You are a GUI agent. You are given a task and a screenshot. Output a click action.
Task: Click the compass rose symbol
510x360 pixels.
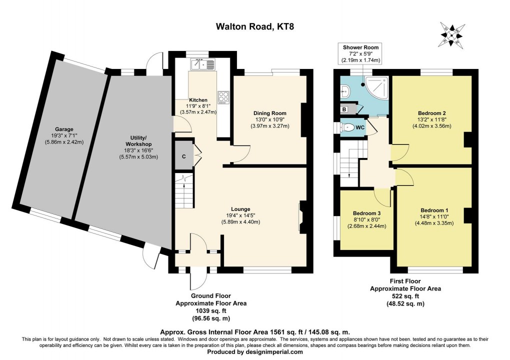[x=451, y=34]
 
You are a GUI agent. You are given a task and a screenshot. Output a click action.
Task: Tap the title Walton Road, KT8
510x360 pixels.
[x=255, y=26]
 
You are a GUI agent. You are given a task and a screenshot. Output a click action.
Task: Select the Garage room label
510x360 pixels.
[x=64, y=129]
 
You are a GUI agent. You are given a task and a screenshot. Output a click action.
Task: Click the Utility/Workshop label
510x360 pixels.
[x=139, y=141]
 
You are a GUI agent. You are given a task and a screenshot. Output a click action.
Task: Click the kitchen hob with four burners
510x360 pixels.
[x=223, y=97]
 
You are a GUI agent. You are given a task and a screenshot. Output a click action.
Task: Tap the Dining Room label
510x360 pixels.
[x=270, y=113]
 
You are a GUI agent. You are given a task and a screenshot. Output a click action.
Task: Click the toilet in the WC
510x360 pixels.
[x=347, y=127]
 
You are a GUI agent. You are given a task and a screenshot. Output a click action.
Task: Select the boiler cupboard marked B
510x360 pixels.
[x=344, y=109]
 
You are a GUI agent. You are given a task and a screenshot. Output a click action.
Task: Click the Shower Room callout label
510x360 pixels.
[x=360, y=47]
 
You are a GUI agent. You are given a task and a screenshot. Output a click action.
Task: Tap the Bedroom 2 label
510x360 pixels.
[x=431, y=113]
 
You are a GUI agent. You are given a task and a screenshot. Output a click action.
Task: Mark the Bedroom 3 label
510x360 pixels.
[x=366, y=213]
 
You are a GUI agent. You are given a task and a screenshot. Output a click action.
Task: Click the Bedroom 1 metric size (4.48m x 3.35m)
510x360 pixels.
[x=434, y=223]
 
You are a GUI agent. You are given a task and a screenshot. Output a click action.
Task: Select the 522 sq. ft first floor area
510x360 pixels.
[x=405, y=296]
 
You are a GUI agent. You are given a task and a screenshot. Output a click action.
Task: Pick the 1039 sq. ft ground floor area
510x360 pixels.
[x=211, y=310]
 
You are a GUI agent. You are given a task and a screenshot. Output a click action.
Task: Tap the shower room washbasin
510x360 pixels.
[x=345, y=91]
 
